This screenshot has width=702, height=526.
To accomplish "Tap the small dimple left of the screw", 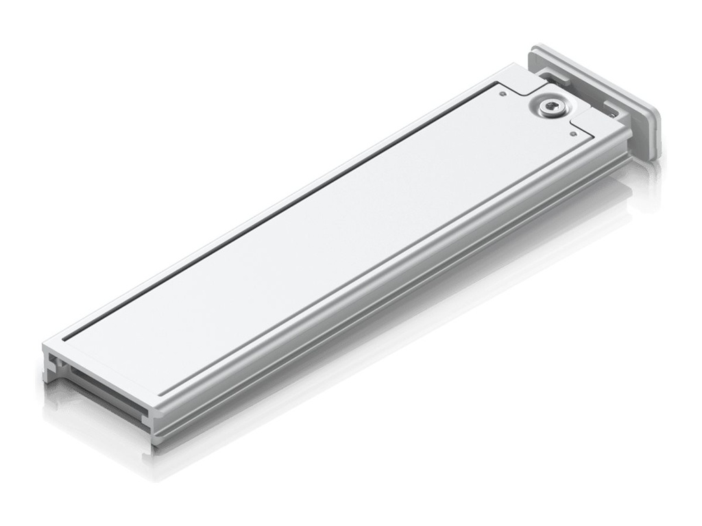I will click(x=504, y=93).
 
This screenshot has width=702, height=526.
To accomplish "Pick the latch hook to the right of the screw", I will click(x=609, y=108).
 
